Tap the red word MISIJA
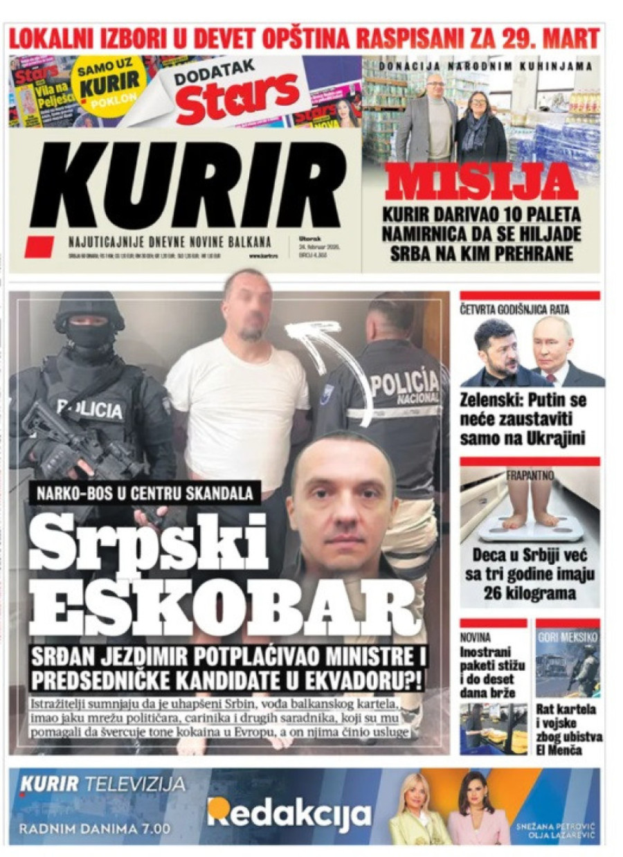point(482,182)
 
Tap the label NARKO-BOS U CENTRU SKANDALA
point(145,494)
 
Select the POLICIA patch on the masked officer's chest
point(89,409)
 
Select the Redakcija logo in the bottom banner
point(289,814)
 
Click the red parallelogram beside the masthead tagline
point(40,246)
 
